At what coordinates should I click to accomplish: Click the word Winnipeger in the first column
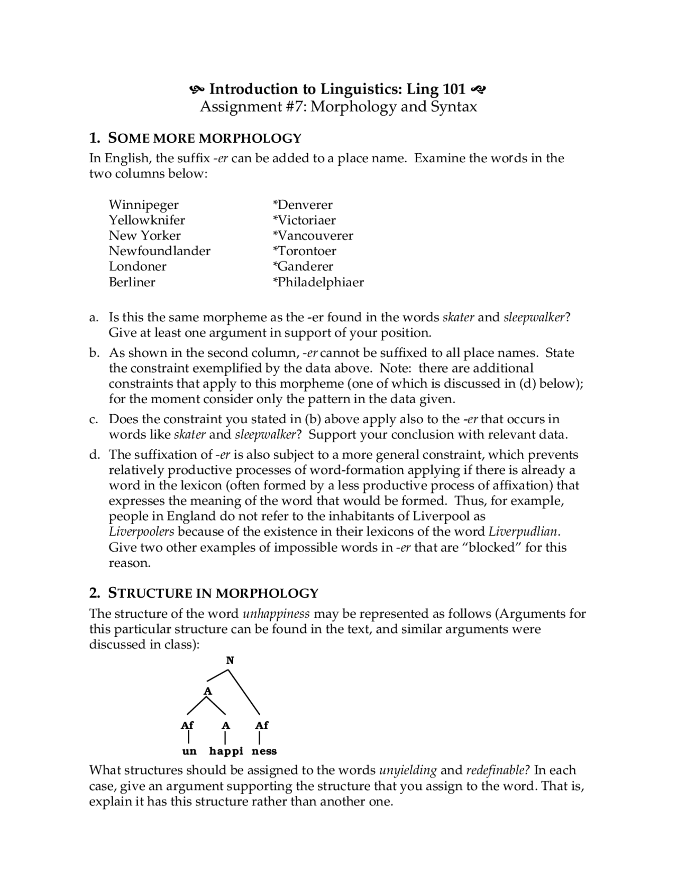[144, 205]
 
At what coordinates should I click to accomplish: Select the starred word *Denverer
[303, 205]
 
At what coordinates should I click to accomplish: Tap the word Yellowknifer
[147, 220]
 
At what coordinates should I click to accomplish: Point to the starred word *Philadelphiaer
[318, 282]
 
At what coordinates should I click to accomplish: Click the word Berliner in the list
[132, 282]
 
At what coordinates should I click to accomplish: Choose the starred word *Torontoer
[305, 251]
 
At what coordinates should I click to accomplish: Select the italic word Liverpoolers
[141, 532]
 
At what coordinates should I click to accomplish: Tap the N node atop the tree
[230, 660]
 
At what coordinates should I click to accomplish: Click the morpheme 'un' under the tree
[189, 751]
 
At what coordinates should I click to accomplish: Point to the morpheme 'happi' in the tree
[226, 751]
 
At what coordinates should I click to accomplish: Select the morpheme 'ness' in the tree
[264, 751]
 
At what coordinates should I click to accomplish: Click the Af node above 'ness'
[262, 725]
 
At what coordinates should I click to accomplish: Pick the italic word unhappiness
[277, 614]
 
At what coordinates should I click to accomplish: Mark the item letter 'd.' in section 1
[94, 455]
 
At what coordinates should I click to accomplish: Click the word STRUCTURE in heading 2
[150, 593]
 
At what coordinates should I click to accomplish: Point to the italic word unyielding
[408, 770]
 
